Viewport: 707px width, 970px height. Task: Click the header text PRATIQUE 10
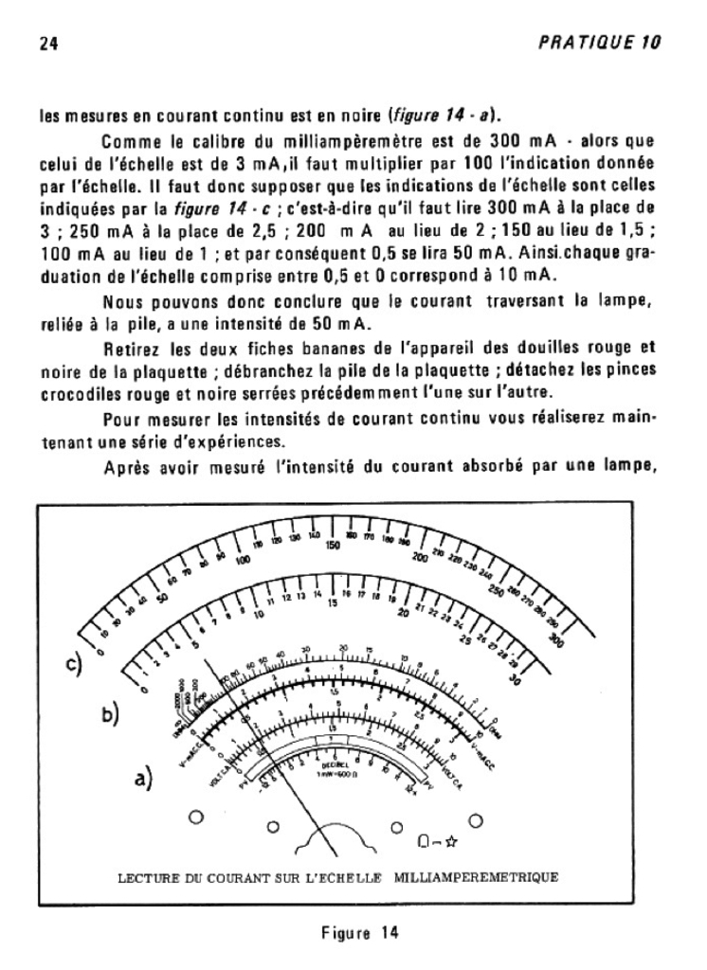point(612,43)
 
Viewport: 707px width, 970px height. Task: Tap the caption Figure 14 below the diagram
point(353,932)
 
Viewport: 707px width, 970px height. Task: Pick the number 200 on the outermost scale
point(420,557)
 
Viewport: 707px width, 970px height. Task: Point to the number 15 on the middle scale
point(333,603)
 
